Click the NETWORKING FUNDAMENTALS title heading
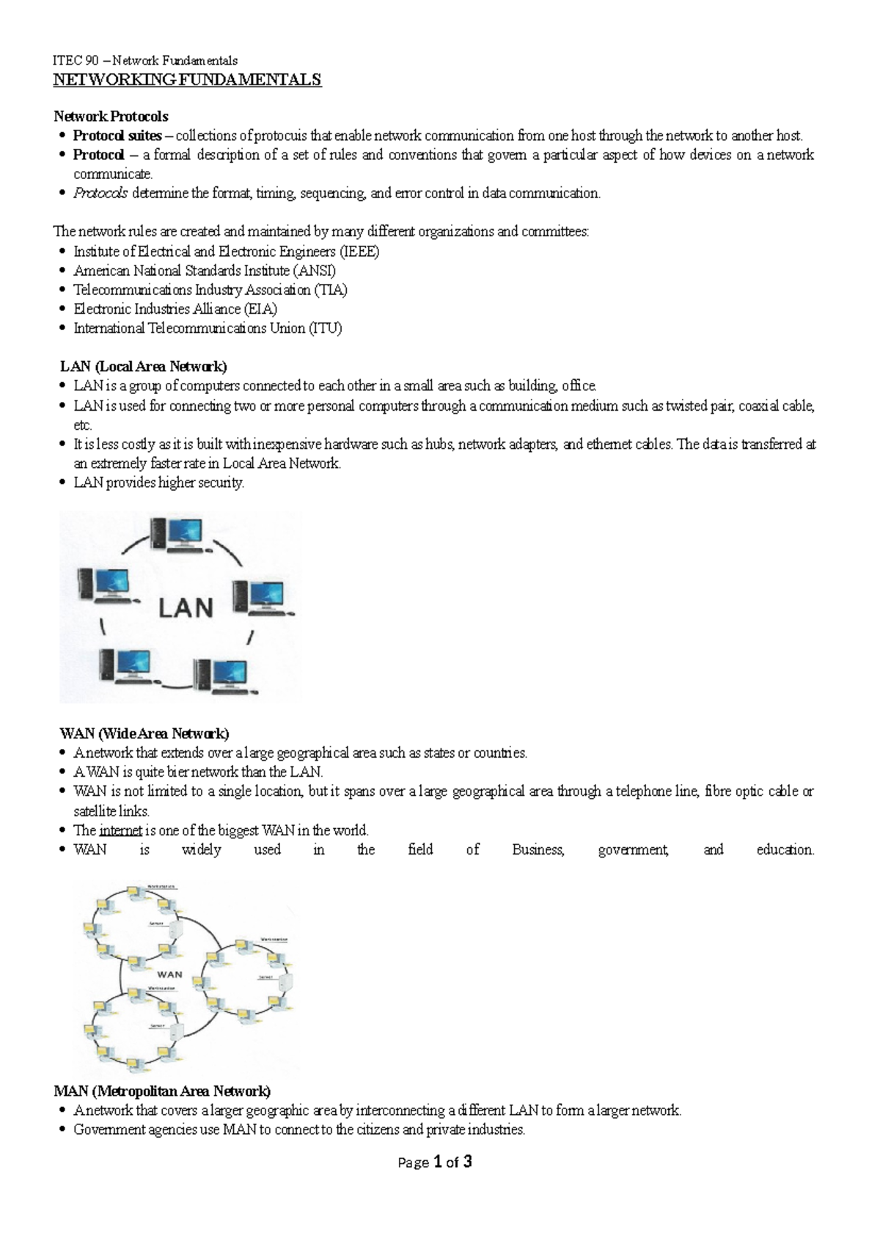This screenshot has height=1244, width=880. point(187,80)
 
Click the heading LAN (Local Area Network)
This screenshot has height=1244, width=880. point(143,366)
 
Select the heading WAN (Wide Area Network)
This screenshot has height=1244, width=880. point(144,733)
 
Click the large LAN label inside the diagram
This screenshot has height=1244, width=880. point(186,607)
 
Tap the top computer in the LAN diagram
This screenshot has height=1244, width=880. point(177,534)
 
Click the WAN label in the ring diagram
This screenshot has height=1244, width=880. point(170,975)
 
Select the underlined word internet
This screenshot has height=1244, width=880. point(120,830)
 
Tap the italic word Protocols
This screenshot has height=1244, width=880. point(100,193)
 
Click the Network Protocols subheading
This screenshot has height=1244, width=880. point(111,117)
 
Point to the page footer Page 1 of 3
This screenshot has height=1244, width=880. point(435,1162)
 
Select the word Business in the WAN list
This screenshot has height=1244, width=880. point(538,849)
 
